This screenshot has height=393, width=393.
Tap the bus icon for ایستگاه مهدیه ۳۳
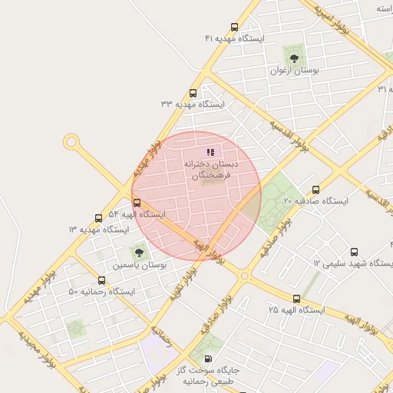coord(192,93)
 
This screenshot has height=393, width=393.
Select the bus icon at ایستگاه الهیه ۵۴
coord(137,203)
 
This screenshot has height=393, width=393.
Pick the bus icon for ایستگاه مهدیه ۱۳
coord(97,219)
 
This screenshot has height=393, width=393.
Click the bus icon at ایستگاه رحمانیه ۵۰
coord(102,281)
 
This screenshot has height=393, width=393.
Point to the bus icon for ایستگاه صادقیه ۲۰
coord(315,190)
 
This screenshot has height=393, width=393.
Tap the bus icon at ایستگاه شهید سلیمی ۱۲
coord(354,252)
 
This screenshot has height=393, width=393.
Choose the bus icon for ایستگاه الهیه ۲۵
coord(296,299)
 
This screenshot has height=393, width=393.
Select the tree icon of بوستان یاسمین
coord(139,252)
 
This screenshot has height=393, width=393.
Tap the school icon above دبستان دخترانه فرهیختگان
coord(211,152)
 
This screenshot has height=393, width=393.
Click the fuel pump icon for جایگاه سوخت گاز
coord(207,359)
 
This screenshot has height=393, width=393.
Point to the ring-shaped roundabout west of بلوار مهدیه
coord(71,141)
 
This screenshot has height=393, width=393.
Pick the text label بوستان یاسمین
coord(140,265)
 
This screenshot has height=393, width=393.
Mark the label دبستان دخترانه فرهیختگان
coord(211,170)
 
